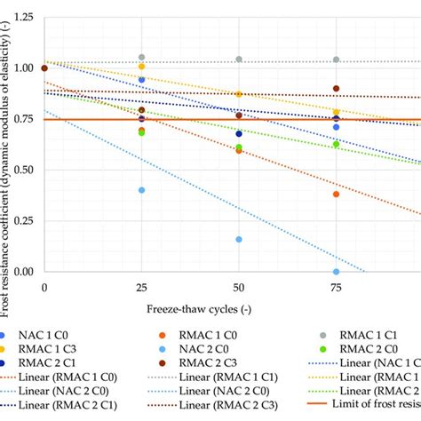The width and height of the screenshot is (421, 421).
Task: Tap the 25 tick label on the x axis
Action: (x=141, y=288)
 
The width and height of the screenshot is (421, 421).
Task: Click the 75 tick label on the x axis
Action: (x=335, y=288)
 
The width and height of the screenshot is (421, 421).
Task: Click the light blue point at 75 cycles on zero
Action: (x=336, y=272)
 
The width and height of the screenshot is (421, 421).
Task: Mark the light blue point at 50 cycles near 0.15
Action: (x=239, y=240)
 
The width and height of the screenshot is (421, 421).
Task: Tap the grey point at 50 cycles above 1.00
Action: (x=239, y=60)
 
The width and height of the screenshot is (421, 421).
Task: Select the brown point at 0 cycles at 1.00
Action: (x=44, y=68)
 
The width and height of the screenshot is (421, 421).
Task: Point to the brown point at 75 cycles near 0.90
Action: (x=336, y=89)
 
